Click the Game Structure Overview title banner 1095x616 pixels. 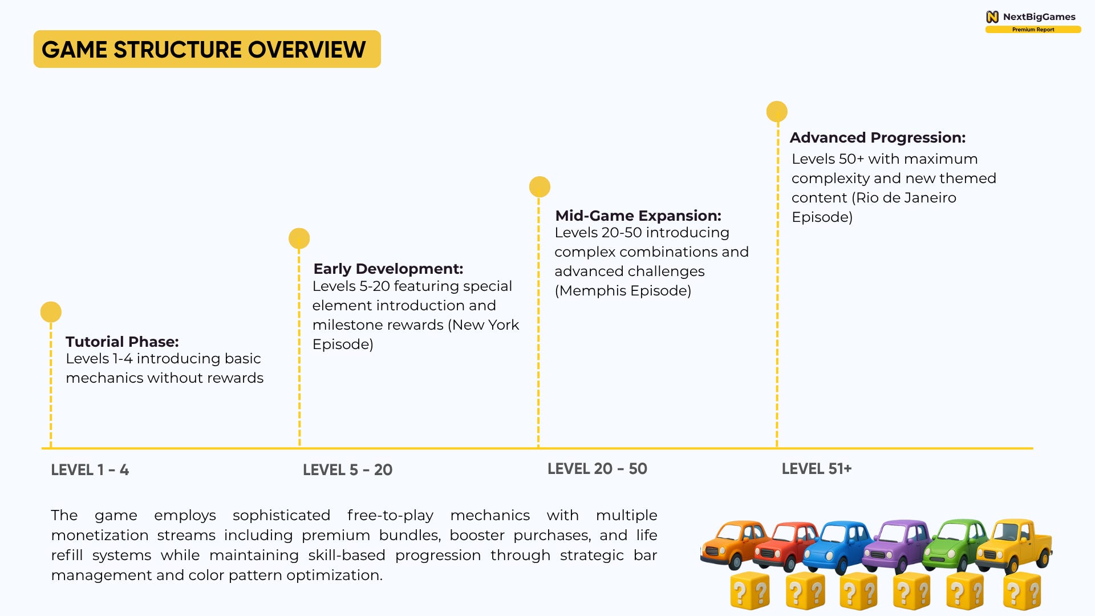click(x=207, y=50)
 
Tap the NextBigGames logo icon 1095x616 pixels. click(x=992, y=17)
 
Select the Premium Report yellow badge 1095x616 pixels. click(x=1033, y=30)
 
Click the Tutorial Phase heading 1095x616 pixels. click(x=122, y=342)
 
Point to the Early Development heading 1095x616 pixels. click(x=388, y=269)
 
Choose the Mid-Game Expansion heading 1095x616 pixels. click(x=638, y=216)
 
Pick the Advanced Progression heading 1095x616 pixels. click(x=877, y=137)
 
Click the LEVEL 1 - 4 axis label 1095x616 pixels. click(x=90, y=470)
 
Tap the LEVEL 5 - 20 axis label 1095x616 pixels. click(x=347, y=470)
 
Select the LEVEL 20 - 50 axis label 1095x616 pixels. click(x=597, y=469)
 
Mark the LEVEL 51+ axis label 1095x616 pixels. click(x=816, y=469)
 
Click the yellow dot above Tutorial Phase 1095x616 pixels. click(x=51, y=312)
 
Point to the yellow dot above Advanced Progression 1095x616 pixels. click(x=777, y=112)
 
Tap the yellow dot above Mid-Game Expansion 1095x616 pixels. click(x=540, y=187)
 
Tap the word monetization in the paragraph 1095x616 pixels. click(x=100, y=536)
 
